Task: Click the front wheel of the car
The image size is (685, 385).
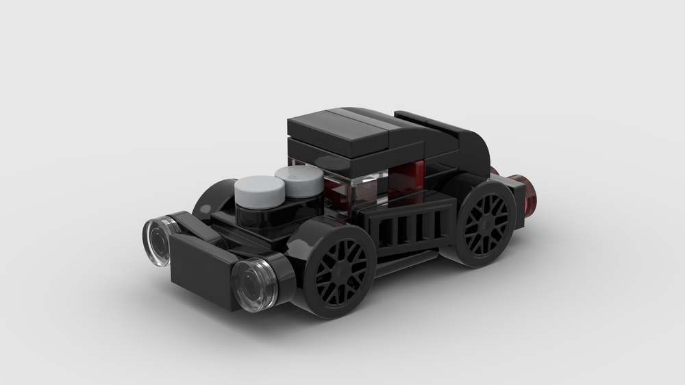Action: [340, 272]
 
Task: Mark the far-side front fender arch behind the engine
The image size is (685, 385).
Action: [209, 195]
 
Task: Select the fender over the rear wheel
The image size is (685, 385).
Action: [473, 184]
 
